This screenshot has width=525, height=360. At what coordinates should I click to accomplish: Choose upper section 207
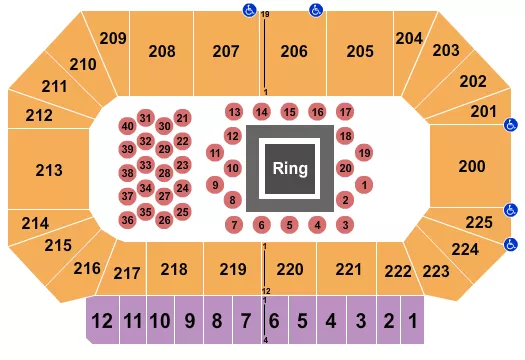(x=226, y=50)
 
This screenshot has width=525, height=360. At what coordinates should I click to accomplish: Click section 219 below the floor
(x=233, y=268)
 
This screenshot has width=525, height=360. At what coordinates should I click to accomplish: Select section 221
(x=348, y=268)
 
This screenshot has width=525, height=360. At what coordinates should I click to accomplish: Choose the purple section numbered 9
(x=188, y=322)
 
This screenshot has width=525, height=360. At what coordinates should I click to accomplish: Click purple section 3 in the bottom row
(x=361, y=322)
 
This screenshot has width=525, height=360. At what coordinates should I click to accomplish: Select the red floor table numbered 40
(x=127, y=127)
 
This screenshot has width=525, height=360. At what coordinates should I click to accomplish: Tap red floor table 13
(x=234, y=111)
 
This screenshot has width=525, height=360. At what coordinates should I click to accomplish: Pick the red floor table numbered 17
(x=345, y=111)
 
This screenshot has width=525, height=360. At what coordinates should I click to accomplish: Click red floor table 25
(x=182, y=211)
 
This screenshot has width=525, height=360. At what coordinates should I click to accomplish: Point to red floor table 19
(x=365, y=152)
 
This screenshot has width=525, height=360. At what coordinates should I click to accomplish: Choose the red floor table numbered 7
(x=233, y=224)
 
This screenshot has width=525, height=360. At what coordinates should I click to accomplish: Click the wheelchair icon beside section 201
(x=510, y=124)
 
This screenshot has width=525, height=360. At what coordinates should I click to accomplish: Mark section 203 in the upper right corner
(x=445, y=50)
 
